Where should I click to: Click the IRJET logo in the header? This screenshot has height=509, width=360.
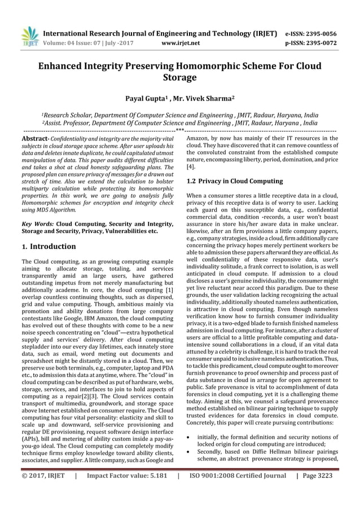click(x=29, y=34)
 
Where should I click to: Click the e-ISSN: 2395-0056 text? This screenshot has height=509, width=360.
click(x=319, y=33)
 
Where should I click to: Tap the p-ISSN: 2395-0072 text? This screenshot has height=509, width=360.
click(x=319, y=42)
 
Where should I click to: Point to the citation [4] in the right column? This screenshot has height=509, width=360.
click(x=191, y=167)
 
